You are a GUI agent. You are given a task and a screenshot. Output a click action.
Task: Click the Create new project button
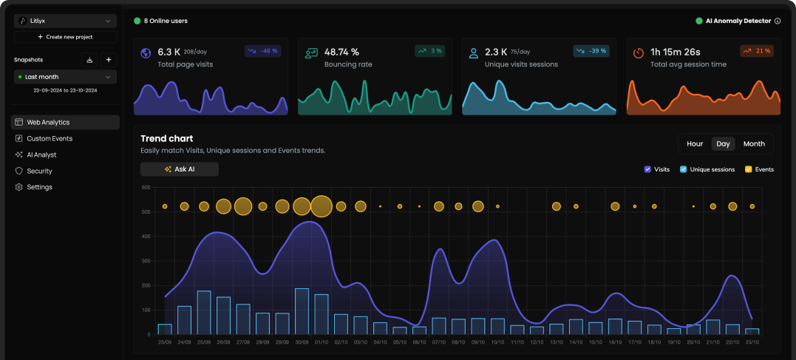(x=65, y=37)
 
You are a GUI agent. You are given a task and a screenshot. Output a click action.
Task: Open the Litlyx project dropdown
(x=65, y=21)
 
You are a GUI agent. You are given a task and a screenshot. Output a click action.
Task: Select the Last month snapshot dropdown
(x=65, y=77)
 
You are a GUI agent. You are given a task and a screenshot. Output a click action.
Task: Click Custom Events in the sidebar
(x=50, y=138)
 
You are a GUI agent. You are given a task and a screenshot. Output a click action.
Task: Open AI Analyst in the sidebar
(x=41, y=154)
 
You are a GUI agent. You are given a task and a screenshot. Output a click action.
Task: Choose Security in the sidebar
(x=39, y=171)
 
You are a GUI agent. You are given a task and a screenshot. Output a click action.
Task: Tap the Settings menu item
(x=39, y=187)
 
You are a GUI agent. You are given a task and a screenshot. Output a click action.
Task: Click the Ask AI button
(x=180, y=169)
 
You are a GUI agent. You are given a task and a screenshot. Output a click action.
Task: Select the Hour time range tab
(x=695, y=144)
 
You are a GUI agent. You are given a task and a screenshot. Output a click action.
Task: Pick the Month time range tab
(x=754, y=144)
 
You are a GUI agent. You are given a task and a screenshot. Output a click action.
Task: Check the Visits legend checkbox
(x=647, y=169)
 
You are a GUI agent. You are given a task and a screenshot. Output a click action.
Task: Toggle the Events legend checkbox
(x=748, y=169)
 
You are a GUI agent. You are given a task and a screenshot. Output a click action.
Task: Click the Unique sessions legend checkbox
(x=684, y=169)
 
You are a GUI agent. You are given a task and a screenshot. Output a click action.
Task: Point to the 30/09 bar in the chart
(x=302, y=312)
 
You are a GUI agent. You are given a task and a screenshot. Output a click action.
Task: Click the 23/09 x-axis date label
(x=165, y=342)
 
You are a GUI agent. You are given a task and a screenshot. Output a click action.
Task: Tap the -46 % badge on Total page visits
(x=263, y=51)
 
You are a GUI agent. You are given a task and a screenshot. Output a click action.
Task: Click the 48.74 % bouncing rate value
(x=341, y=52)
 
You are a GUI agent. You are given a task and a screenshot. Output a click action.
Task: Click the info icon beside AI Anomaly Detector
(x=778, y=21)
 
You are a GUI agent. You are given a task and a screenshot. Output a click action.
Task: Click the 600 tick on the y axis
(x=146, y=188)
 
